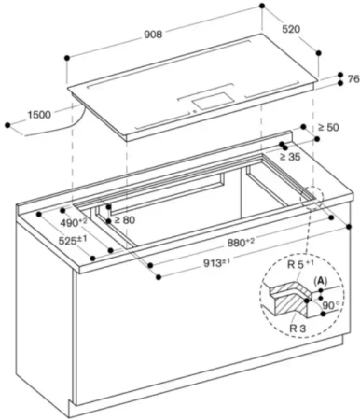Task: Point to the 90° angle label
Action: pyautogui.click(x=333, y=305)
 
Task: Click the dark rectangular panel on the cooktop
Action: pyautogui.click(x=210, y=96)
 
